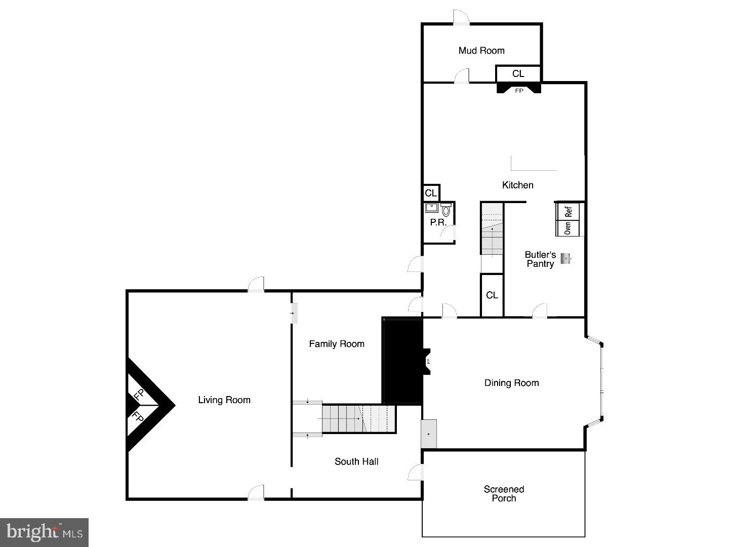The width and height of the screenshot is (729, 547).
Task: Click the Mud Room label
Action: click(481, 51)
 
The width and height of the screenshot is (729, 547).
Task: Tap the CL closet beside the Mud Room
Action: click(518, 74)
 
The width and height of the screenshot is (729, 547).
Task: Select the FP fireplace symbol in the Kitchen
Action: click(519, 90)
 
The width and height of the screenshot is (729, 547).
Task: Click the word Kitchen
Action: click(517, 185)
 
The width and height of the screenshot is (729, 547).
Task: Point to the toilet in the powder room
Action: click(446, 210)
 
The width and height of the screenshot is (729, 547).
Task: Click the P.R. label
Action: click(438, 222)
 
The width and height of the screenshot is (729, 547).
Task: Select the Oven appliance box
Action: click(568, 228)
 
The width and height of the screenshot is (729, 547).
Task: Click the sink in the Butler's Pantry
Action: click(565, 258)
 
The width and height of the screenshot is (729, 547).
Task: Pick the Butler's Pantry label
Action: click(540, 259)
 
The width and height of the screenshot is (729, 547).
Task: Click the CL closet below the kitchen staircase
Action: click(492, 295)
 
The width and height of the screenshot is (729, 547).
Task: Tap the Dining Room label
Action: click(511, 383)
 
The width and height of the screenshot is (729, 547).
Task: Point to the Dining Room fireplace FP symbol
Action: click(428, 362)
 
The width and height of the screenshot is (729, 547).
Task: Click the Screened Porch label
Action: click(504, 494)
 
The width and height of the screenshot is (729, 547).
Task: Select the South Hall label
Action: click(356, 461)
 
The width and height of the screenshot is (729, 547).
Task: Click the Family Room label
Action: click(337, 344)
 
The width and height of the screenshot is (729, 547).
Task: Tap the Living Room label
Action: click(224, 400)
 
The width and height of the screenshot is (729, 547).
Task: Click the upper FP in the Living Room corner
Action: click(139, 394)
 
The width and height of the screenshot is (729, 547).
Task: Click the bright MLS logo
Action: click(45, 532)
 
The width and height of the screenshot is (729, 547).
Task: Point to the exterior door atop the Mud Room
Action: click(461, 18)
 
